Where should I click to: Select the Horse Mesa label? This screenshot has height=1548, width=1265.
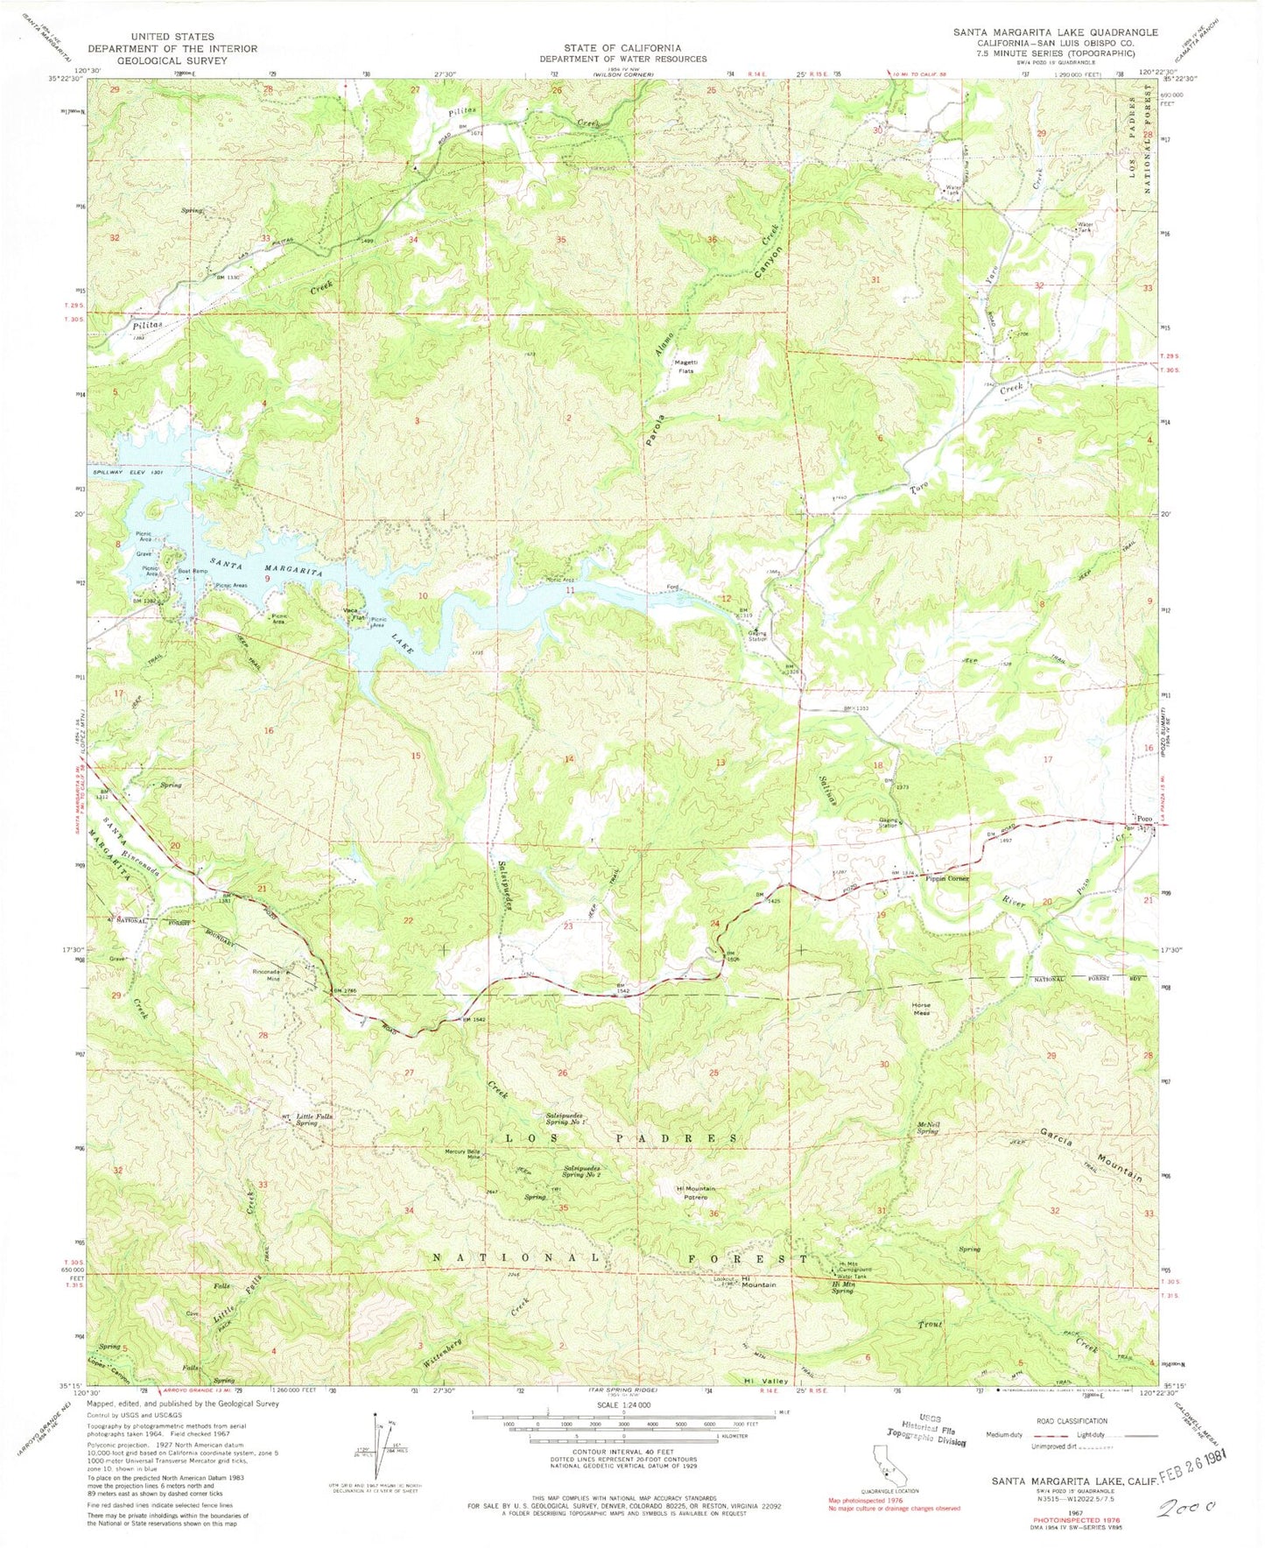(x=920, y=1008)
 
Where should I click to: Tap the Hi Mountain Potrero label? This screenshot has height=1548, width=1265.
(x=696, y=1193)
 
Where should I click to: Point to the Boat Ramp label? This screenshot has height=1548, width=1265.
(x=193, y=572)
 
